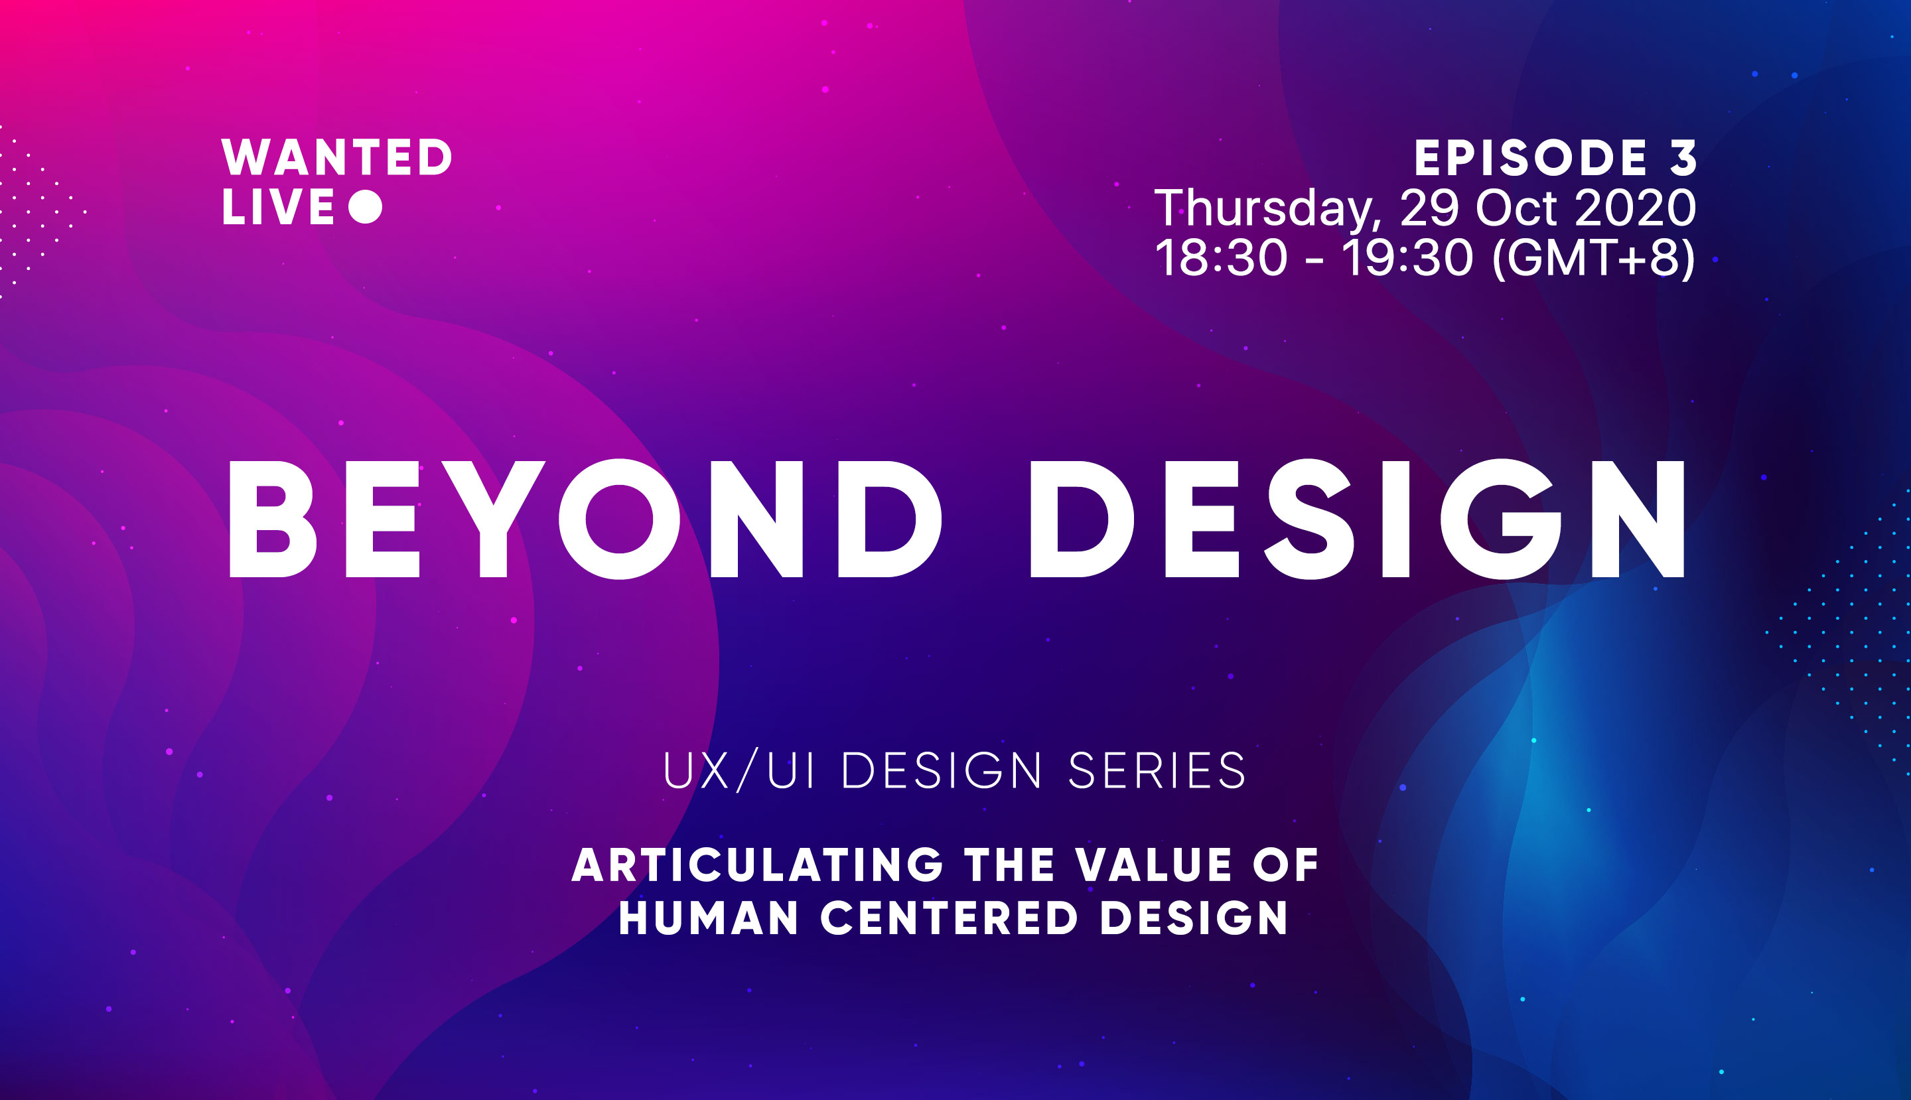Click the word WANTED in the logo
pyautogui.click(x=336, y=157)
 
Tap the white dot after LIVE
pyautogui.click(x=366, y=206)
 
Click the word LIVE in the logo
pyautogui.click(x=277, y=207)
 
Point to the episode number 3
pyautogui.click(x=1683, y=158)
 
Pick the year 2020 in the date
pyautogui.click(x=1635, y=208)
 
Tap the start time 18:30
pyautogui.click(x=1221, y=257)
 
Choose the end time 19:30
pyautogui.click(x=1407, y=257)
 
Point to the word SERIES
pyautogui.click(x=1157, y=772)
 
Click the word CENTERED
pyautogui.click(x=949, y=918)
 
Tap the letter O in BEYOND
pyautogui.click(x=620, y=519)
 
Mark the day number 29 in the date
pyautogui.click(x=1429, y=208)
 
